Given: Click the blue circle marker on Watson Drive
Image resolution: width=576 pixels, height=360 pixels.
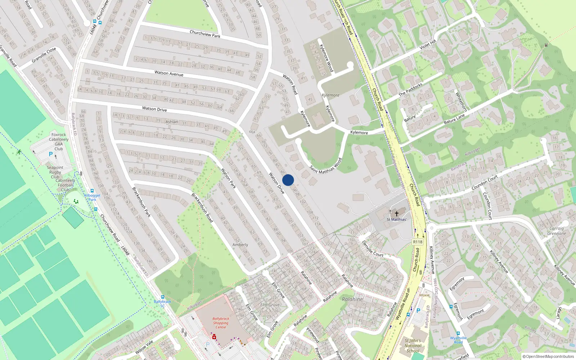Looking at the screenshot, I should [288, 180].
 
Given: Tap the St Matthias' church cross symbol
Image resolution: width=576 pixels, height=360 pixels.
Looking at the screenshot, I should [396, 214].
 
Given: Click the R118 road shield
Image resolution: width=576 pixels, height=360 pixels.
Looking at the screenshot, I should [418, 242].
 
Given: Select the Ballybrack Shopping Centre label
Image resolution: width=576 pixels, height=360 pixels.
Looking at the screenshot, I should [221, 323].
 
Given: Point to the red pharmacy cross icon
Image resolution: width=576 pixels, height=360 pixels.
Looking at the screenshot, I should [214, 337].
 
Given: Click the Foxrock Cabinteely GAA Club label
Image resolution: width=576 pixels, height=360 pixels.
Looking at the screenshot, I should [59, 141].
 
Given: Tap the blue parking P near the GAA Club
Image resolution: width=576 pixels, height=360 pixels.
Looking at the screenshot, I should [51, 154].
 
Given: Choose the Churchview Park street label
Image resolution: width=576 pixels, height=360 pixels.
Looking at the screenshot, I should [205, 34].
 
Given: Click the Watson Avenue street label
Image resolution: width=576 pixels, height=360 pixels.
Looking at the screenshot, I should [169, 73].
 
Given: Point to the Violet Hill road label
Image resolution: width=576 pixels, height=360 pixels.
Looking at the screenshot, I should [428, 45].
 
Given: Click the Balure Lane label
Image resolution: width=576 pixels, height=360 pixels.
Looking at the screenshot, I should [454, 119].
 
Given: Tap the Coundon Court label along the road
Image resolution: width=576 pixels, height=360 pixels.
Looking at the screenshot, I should [485, 183].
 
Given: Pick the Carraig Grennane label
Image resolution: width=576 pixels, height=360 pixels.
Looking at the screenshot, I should [557, 231].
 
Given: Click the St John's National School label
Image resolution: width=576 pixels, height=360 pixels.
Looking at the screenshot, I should [413, 346].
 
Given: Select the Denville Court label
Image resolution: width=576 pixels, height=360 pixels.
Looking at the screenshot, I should [373, 249].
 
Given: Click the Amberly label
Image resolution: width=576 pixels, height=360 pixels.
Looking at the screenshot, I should [240, 245].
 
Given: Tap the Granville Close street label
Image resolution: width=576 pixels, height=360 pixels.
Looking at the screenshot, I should [44, 55].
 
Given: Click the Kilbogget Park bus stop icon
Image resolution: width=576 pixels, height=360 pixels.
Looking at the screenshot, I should [92, 191].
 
